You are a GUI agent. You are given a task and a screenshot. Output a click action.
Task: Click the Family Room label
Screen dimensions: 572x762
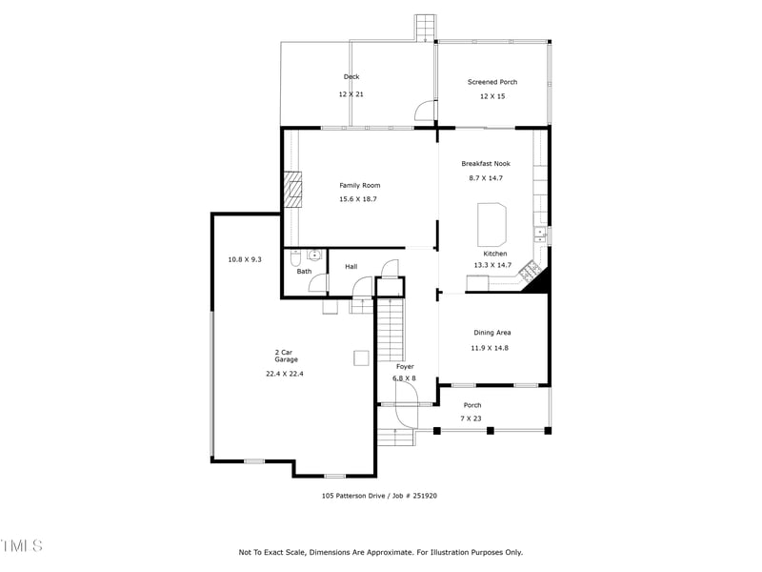(359, 185)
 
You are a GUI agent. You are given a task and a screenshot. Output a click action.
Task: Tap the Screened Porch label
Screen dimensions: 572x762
(491, 82)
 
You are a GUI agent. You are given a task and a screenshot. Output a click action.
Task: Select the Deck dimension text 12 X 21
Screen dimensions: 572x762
(351, 94)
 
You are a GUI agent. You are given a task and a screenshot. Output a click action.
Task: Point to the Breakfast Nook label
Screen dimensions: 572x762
(486, 164)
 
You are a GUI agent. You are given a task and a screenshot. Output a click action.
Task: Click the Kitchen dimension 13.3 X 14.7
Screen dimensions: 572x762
(492, 265)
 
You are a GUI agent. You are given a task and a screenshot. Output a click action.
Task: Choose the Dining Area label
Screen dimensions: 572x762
(491, 333)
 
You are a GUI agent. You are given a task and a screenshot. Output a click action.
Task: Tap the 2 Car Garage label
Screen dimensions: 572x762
(286, 356)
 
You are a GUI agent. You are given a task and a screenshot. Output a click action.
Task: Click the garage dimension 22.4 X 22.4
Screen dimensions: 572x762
(285, 374)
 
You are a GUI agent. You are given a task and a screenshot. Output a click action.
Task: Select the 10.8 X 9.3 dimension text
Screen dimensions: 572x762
(244, 259)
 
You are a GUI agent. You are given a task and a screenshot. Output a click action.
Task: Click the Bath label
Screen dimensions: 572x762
(304, 272)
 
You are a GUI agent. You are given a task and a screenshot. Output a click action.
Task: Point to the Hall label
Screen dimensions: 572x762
(351, 267)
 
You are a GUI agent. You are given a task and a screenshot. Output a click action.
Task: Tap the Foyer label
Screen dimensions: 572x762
(405, 366)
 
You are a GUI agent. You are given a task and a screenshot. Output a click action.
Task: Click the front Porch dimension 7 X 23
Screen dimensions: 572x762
(472, 419)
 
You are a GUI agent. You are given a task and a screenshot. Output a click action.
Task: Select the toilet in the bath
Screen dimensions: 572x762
(295, 257)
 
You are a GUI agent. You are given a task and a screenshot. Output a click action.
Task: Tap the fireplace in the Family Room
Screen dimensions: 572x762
(295, 189)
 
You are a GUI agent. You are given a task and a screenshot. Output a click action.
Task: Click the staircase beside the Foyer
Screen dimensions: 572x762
(391, 329)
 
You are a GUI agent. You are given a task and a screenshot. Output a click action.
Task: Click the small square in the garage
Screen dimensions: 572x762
(361, 357)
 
